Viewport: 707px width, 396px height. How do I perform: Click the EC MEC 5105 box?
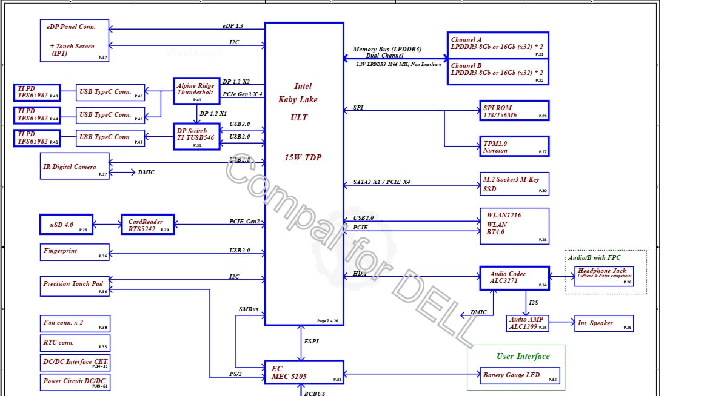(304, 372)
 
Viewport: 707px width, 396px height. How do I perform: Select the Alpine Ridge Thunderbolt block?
(195, 90)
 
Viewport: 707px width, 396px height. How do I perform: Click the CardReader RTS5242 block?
(148, 224)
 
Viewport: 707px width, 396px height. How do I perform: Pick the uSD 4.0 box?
(66, 224)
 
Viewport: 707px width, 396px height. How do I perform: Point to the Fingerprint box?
(75, 252)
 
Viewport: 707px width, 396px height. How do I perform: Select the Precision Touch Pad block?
(75, 286)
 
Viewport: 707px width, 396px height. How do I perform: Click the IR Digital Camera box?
(75, 166)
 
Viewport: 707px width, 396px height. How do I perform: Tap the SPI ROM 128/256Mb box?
(514, 111)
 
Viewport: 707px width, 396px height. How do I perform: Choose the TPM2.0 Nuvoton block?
(514, 146)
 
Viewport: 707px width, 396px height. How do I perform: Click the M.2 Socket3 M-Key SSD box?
(514, 183)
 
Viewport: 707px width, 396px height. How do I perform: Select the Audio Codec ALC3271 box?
(514, 278)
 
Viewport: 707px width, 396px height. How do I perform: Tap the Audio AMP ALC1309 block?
(528, 323)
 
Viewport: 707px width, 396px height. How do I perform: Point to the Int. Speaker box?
(603, 323)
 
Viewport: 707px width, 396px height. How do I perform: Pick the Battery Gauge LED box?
(519, 375)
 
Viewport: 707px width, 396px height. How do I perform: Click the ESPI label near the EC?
(310, 342)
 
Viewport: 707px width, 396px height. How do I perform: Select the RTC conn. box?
(75, 343)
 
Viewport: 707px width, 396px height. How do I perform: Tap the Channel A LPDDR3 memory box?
(498, 45)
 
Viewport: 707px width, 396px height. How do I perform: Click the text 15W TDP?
(303, 157)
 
